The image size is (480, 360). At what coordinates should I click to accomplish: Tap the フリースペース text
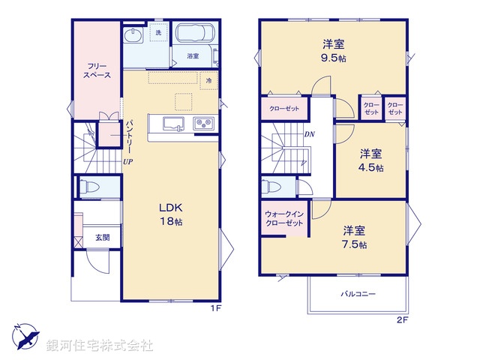(x=97, y=70)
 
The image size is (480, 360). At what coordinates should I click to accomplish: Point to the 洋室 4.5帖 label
(x=369, y=160)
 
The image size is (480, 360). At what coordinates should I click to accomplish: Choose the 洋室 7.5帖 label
(x=354, y=237)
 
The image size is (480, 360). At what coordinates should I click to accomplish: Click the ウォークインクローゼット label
(x=283, y=220)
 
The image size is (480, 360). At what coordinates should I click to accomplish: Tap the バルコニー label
(x=358, y=295)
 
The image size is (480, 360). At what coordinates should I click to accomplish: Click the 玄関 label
(x=101, y=238)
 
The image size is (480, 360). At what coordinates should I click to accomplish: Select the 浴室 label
(x=193, y=56)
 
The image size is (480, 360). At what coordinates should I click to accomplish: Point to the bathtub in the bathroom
(x=195, y=34)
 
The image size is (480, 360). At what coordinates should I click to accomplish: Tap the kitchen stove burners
(x=203, y=124)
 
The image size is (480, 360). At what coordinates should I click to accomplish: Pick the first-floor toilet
(x=88, y=187)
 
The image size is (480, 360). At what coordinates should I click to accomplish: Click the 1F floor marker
(x=216, y=307)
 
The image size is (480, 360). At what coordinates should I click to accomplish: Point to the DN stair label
(x=309, y=134)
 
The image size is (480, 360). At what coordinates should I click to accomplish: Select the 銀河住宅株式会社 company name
(x=100, y=346)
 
